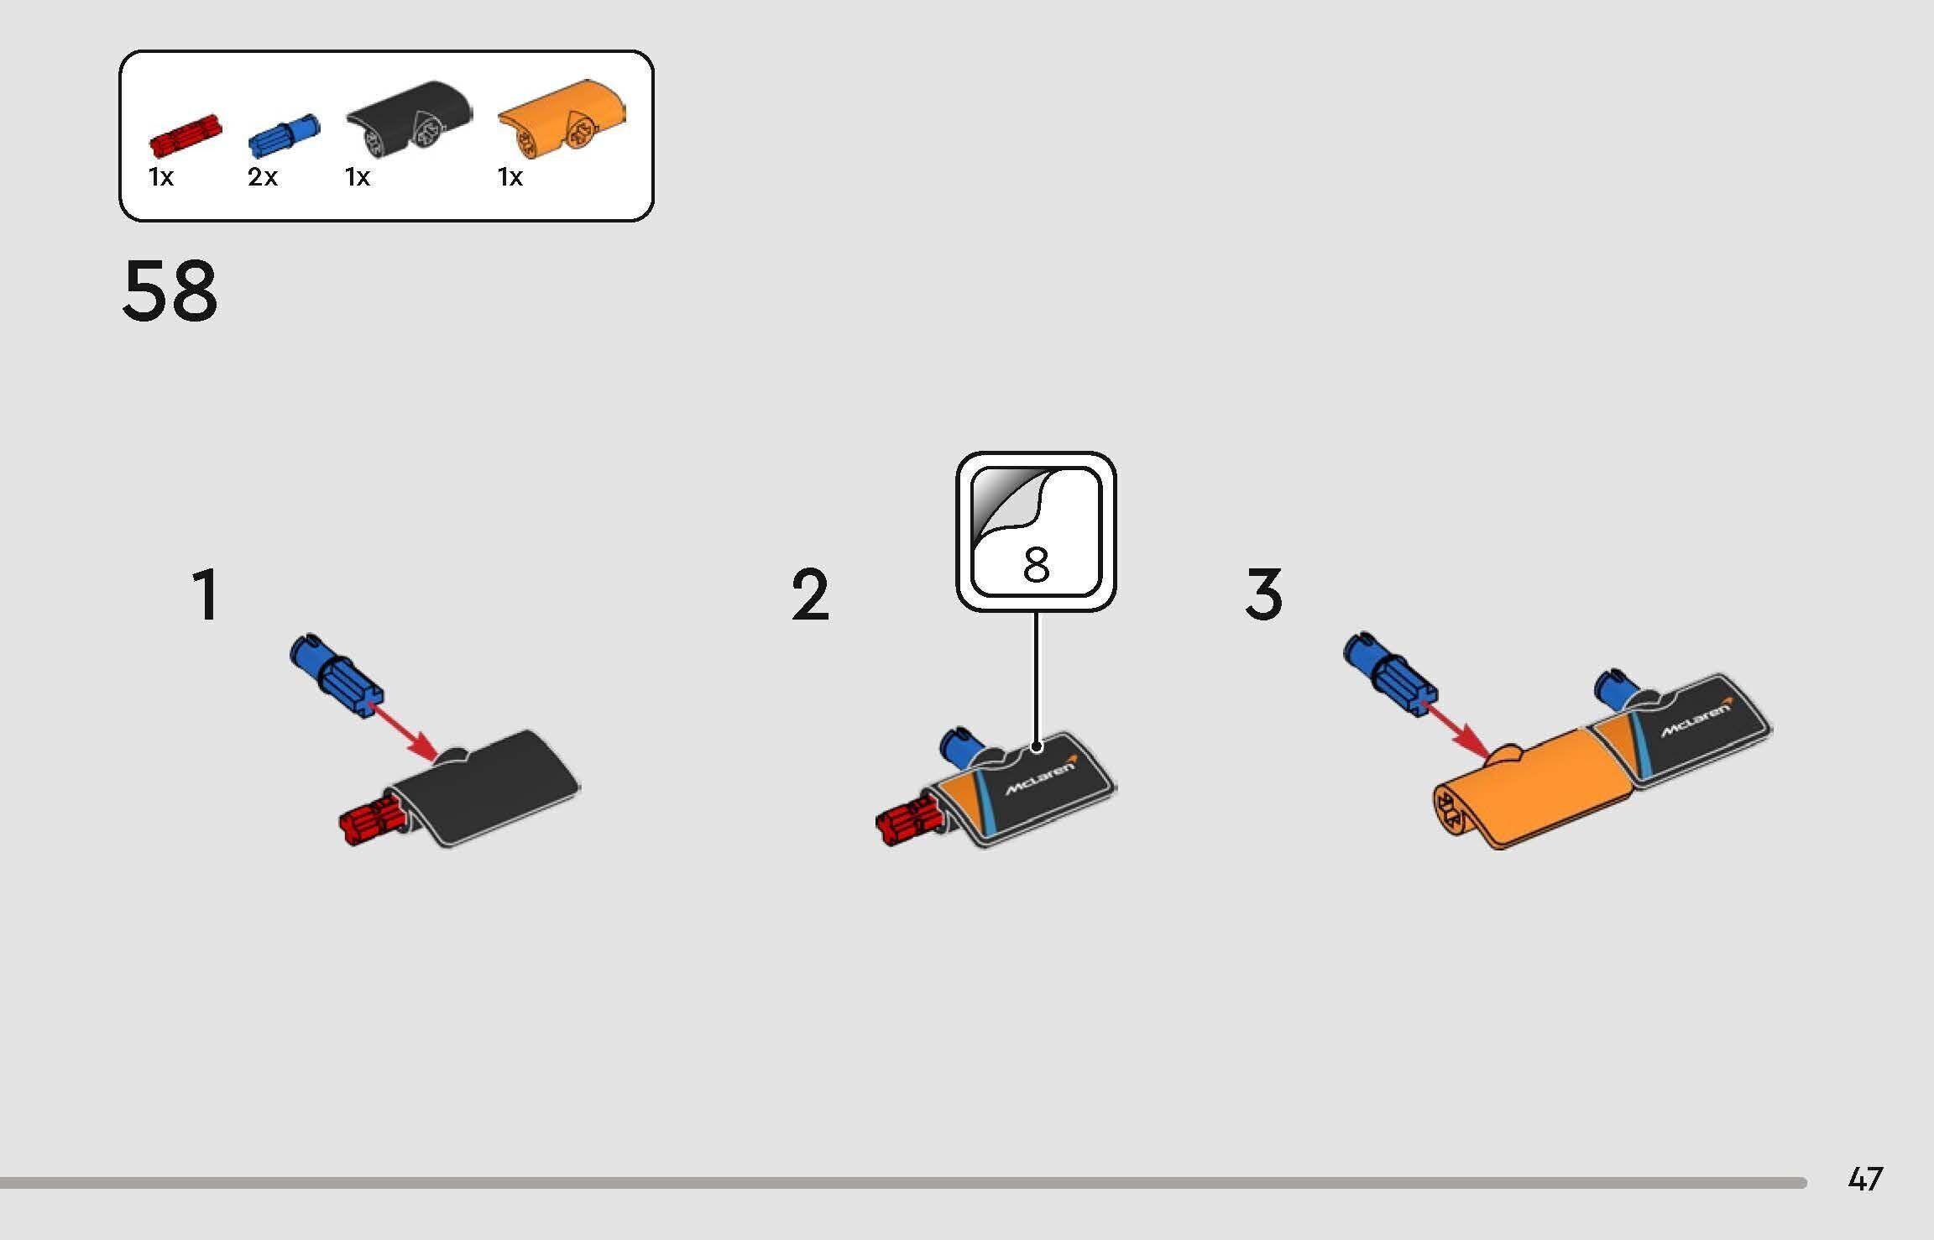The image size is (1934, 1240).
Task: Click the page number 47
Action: pos(1865,1180)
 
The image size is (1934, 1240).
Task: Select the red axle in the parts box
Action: pos(185,137)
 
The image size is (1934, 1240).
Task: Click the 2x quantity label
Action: pos(262,177)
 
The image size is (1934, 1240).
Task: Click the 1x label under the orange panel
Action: pos(510,177)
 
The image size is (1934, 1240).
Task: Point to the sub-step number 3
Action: pos(1263,594)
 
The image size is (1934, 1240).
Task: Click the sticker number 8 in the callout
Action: pos(1036,564)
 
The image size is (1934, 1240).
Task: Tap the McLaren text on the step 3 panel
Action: pos(1696,720)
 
